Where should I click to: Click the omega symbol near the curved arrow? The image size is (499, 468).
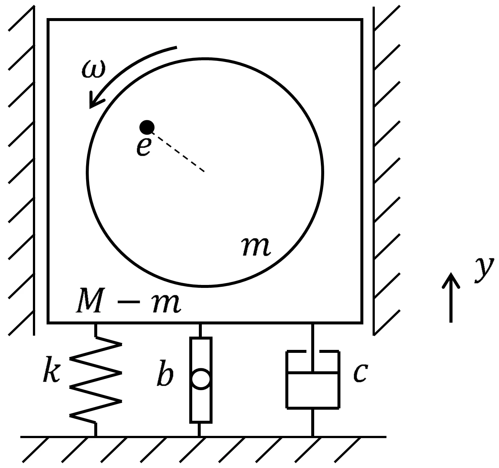tap(94, 69)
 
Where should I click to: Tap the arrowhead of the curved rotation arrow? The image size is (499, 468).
tap(95, 101)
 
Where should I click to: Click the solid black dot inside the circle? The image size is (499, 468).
tap(147, 127)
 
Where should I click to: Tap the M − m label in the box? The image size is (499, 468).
tap(128, 300)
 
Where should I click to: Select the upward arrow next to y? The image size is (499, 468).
tap(451, 297)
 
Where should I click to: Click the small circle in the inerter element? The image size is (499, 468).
tap(201, 379)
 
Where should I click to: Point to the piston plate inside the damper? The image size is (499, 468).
tap(313, 373)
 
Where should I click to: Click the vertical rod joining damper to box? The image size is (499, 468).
tap(313, 348)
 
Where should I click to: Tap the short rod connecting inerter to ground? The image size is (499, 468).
tap(199, 430)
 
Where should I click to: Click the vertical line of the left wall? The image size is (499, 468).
tap(34, 171)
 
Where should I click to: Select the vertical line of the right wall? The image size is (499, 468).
tap(374, 171)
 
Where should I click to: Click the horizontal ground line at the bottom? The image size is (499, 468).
tap(203, 437)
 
